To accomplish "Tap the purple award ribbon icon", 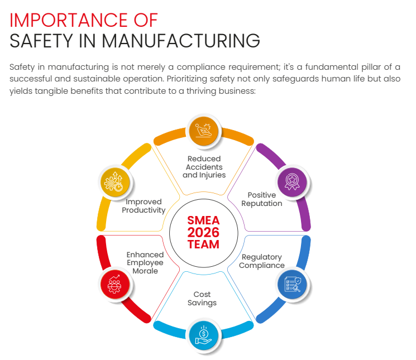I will tap(292, 180).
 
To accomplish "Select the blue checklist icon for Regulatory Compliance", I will tap(292, 284).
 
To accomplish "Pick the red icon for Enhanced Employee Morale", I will tap(114, 284).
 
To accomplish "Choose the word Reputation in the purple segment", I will tap(261, 204).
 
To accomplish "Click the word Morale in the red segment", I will tap(145, 271).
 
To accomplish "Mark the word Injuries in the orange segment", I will tap(212, 175).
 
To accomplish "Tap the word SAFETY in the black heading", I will tap(41, 41).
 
